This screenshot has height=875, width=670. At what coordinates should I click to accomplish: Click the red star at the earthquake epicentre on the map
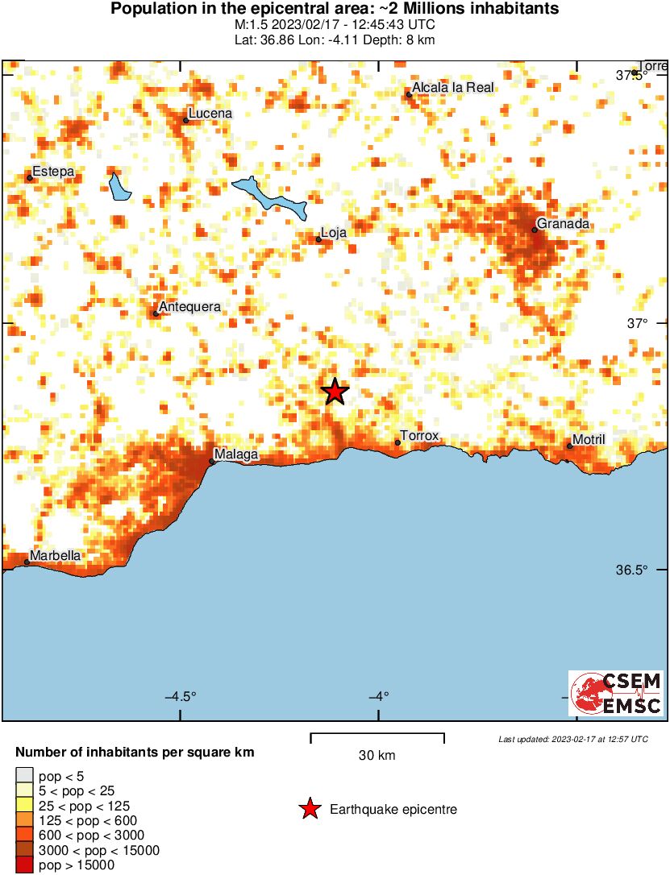335,392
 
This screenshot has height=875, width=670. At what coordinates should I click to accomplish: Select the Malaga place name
236,454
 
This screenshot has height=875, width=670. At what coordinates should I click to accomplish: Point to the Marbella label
56,555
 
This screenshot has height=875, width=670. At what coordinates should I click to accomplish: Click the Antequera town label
190,306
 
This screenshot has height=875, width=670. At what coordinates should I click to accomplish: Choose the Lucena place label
210,114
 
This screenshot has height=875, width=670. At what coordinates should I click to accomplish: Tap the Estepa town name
53,172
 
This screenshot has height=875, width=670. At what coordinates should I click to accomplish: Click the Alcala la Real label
452,87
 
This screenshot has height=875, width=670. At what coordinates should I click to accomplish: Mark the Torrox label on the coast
419,436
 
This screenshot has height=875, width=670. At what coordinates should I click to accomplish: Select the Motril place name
588,440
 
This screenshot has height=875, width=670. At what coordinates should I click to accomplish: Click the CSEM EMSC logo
617,693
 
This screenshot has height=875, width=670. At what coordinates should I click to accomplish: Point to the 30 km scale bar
377,736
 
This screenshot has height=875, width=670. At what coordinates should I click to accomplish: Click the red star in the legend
310,809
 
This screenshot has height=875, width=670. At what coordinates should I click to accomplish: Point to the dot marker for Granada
535,230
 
